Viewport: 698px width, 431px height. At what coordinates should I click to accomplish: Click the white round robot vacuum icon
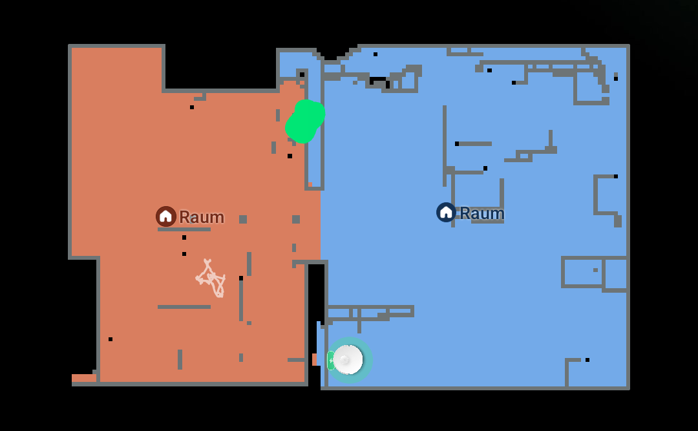[348, 360]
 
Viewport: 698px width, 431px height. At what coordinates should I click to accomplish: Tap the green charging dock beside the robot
[331, 360]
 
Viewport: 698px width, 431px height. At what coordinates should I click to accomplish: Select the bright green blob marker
[305, 121]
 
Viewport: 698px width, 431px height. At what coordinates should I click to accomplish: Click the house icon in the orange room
[165, 216]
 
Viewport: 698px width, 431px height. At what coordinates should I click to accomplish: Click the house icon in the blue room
[446, 213]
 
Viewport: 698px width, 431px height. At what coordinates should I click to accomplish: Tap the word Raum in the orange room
[202, 217]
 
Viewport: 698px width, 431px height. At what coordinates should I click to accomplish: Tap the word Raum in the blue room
[482, 213]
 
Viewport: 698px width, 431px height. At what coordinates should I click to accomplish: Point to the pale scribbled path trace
[211, 279]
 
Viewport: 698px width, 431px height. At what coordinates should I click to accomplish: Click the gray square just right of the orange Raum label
[243, 219]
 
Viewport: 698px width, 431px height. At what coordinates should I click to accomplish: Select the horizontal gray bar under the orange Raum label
[184, 229]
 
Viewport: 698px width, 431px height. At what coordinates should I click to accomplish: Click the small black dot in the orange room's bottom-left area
[111, 339]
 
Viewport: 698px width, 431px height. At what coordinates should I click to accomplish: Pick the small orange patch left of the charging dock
[315, 359]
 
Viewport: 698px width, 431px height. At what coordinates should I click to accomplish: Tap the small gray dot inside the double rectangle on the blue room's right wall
[596, 270]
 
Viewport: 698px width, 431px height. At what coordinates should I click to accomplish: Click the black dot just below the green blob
[290, 156]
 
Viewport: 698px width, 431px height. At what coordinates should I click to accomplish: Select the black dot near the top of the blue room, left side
[375, 54]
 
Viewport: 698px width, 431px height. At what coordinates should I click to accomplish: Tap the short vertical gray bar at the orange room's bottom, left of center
[180, 359]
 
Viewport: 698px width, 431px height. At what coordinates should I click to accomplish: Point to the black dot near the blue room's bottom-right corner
[587, 360]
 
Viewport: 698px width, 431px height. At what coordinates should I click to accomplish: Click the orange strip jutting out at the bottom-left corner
[84, 378]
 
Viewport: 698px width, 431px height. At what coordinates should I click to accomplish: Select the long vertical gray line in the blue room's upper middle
[444, 146]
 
